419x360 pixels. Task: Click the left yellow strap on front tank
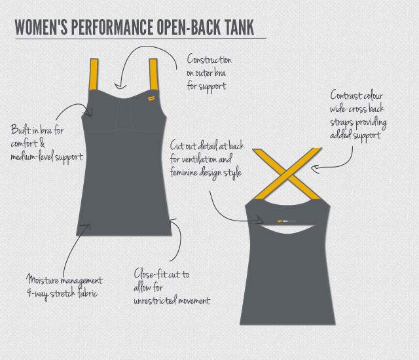pyautogui.click(x=94, y=74)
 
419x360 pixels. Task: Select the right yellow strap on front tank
pyautogui.click(x=155, y=74)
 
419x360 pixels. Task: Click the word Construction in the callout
pyautogui.click(x=209, y=60)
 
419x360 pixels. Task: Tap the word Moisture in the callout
pyautogui.click(x=44, y=281)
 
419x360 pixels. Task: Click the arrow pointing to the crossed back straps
pyautogui.click(x=326, y=167)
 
